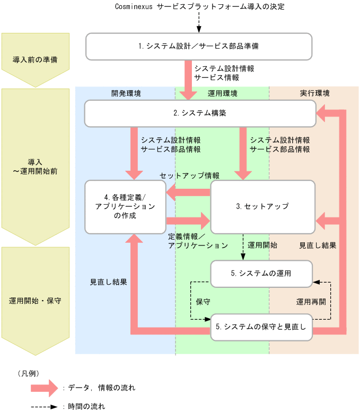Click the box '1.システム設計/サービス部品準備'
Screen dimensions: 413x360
coord(198,46)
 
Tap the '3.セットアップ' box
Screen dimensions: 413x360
coord(262,206)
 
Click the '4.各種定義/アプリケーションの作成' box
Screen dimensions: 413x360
coord(125,206)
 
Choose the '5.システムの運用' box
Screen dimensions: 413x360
coord(261,274)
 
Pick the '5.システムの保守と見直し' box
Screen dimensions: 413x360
coord(261,327)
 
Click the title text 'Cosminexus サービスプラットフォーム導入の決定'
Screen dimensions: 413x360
coord(199,6)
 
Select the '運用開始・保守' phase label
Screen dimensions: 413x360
coord(36,300)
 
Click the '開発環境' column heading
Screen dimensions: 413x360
coord(126,93)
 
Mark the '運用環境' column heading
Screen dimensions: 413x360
coord(222,93)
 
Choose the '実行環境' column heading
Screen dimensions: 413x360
coord(314,93)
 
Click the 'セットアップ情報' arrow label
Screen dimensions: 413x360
coord(190,175)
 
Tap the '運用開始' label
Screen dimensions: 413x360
coord(262,246)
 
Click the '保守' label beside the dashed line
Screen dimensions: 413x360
coord(203,302)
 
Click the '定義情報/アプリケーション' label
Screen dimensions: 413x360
coord(198,241)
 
